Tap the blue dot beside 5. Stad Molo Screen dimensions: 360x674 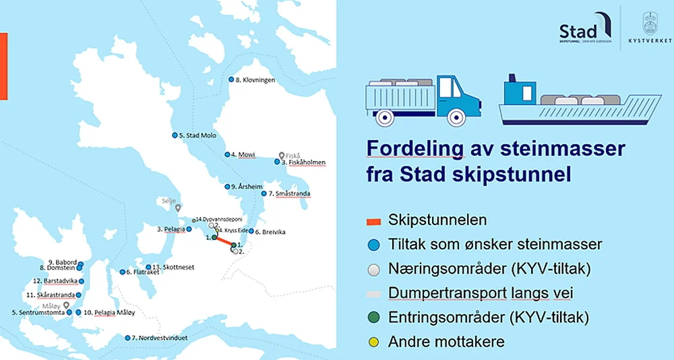click(174, 135)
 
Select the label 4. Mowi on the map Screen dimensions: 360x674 click(243, 154)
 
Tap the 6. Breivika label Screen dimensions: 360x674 click(270, 232)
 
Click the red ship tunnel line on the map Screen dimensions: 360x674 click(224, 241)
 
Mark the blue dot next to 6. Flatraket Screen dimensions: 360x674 click(122, 272)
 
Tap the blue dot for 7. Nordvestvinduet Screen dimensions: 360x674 click(128, 338)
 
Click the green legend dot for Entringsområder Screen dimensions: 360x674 click(373, 318)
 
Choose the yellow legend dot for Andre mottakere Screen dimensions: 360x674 click(373, 342)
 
